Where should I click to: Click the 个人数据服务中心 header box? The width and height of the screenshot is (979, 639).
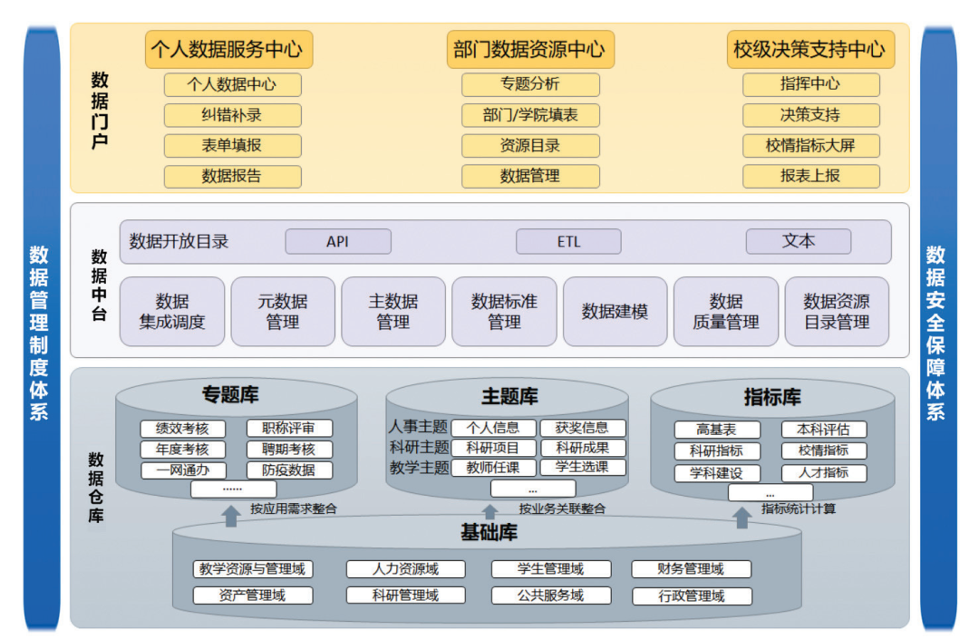pyautogui.click(x=228, y=49)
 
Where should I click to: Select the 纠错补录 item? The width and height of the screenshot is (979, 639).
pyautogui.click(x=232, y=115)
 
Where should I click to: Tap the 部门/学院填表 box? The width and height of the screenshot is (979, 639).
pyautogui.click(x=530, y=115)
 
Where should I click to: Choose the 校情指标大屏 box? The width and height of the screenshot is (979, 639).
pyautogui.click(x=810, y=145)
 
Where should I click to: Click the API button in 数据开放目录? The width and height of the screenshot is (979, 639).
pyautogui.click(x=338, y=242)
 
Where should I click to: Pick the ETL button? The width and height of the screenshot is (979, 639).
pyautogui.click(x=568, y=242)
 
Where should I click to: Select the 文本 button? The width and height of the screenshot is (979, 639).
pyautogui.click(x=798, y=241)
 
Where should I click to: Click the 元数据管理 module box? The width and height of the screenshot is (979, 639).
pyautogui.click(x=283, y=311)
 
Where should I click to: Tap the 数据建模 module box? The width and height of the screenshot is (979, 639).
pyautogui.click(x=615, y=311)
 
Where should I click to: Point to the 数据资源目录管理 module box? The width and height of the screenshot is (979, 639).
pyautogui.click(x=837, y=311)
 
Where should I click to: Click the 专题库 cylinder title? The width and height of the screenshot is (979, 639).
pyautogui.click(x=230, y=394)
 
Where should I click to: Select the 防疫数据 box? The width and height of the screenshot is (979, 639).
pyautogui.click(x=289, y=470)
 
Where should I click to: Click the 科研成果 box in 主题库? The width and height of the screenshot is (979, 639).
pyautogui.click(x=583, y=448)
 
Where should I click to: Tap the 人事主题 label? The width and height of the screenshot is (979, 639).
pyautogui.click(x=419, y=427)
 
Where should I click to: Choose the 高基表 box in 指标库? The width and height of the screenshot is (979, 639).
pyautogui.click(x=716, y=430)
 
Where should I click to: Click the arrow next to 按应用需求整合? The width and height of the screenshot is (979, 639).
pyautogui.click(x=231, y=515)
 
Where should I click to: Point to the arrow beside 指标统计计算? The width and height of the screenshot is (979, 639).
pyautogui.click(x=742, y=517)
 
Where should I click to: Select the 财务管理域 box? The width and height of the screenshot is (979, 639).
pyautogui.click(x=691, y=569)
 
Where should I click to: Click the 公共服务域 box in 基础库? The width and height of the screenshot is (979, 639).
pyautogui.click(x=550, y=595)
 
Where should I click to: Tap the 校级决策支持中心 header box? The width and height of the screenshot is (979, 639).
pyautogui.click(x=810, y=49)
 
